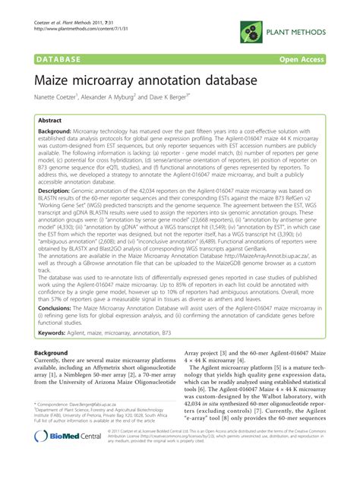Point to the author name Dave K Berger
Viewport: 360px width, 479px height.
point(167,97)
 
